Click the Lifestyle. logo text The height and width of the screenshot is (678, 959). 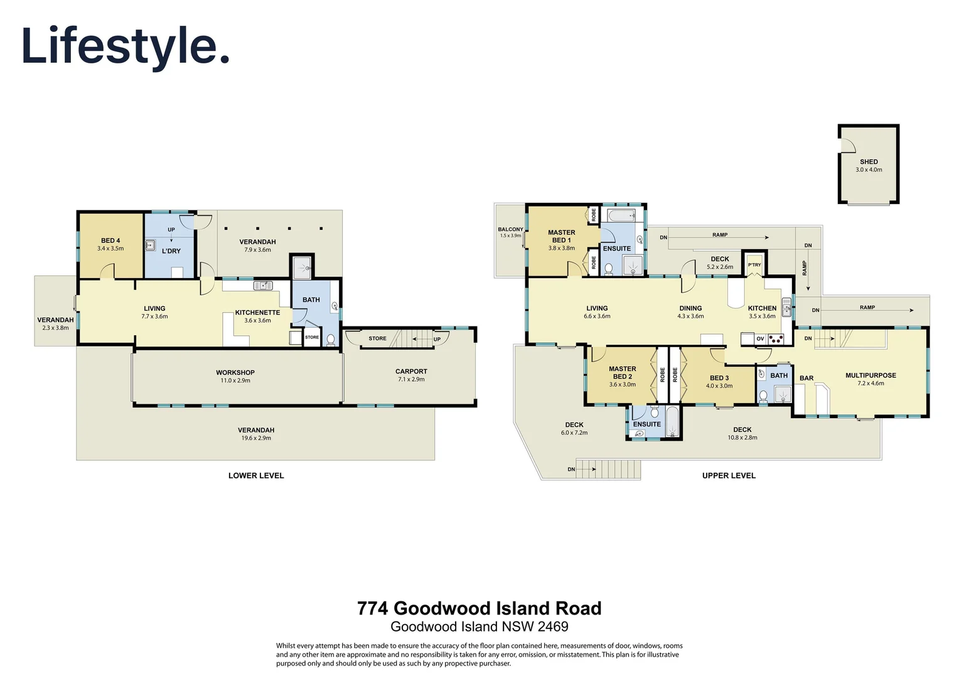(126, 46)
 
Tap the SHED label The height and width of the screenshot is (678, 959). (869, 161)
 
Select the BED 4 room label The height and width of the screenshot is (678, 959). (110, 240)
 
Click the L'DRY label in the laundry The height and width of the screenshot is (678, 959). (171, 251)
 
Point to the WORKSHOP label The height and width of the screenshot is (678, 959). (235, 372)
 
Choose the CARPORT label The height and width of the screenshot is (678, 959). (411, 371)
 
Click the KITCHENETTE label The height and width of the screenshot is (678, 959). (257, 313)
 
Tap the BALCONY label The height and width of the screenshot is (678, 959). (510, 229)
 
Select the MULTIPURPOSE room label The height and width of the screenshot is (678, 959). (871, 375)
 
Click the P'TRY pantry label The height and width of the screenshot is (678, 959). (754, 265)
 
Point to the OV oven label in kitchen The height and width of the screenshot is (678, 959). (760, 339)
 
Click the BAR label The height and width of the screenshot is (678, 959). (806, 379)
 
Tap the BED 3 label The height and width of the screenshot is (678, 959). (719, 378)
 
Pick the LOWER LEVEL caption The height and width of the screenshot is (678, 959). (256, 476)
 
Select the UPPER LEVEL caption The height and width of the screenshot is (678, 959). (729, 476)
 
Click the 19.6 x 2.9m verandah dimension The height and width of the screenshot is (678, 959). (256, 438)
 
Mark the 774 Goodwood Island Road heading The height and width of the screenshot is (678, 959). (479, 608)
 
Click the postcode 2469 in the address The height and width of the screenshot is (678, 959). (553, 627)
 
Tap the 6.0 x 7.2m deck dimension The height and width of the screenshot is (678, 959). (574, 433)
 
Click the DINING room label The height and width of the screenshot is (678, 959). (690, 308)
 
